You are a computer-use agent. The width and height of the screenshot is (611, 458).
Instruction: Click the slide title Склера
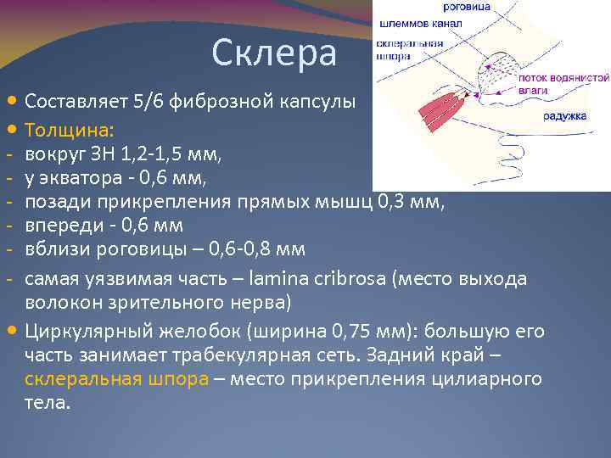pyautogui.click(x=273, y=53)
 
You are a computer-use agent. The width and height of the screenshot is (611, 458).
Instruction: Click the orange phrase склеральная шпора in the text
pyautogui.click(x=116, y=378)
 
